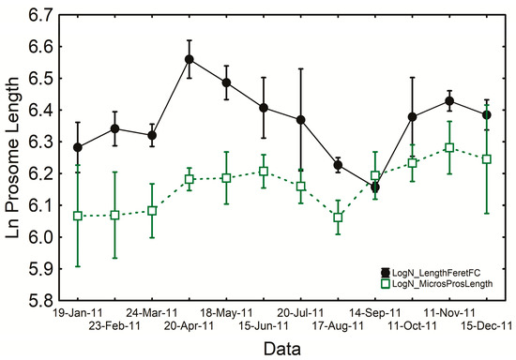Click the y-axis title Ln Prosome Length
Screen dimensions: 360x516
click(x=11, y=157)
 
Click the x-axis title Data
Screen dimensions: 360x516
click(x=281, y=347)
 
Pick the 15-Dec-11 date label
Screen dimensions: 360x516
click(x=485, y=325)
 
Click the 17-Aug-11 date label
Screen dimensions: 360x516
click(x=338, y=325)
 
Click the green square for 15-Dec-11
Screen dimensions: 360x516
click(x=486, y=159)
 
